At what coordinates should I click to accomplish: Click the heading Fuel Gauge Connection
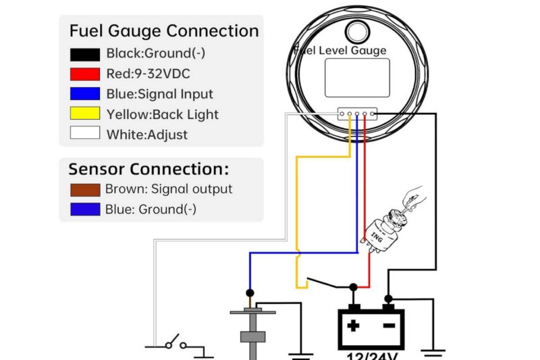(163, 31)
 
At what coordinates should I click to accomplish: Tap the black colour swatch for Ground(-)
(84, 54)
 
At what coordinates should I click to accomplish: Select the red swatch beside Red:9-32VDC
(84, 74)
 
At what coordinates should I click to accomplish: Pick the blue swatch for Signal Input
(84, 94)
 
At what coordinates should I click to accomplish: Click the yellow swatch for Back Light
(84, 113)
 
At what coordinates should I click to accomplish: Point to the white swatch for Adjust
(84, 134)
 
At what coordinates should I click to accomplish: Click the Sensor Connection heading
(148, 169)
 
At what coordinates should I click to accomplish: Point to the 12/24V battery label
(371, 355)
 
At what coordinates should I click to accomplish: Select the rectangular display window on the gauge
(357, 77)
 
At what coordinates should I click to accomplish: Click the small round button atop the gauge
(357, 31)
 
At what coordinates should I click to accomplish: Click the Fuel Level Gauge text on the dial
(342, 50)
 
